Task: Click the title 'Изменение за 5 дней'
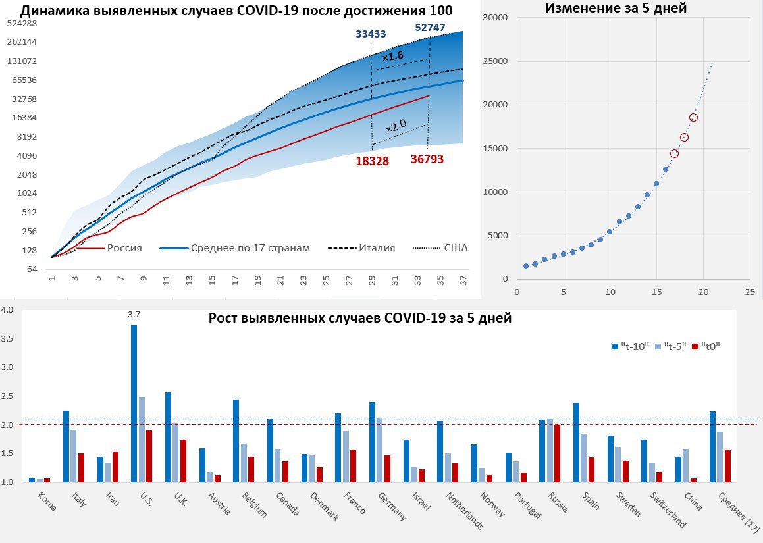coord(615,9)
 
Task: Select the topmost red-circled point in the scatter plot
coord(693,118)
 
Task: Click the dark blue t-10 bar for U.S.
coord(134,403)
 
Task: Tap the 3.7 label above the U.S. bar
coord(134,315)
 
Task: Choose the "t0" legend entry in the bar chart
coord(707,346)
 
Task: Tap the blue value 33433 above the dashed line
coord(371,34)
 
